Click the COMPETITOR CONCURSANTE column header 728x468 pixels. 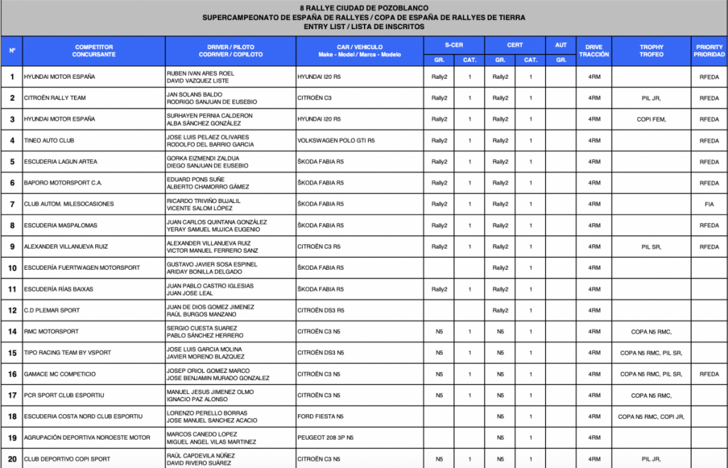(93, 51)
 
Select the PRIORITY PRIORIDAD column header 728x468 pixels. (709, 51)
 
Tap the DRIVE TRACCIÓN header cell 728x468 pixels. (594, 51)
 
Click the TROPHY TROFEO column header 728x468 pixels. (651, 51)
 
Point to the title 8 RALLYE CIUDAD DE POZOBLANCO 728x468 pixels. (363, 6)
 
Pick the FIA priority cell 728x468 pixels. (709, 205)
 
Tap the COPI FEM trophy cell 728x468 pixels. (651, 119)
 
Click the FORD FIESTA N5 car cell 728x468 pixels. (320, 417)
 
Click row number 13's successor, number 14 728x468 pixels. (12, 332)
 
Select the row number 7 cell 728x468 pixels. (12, 205)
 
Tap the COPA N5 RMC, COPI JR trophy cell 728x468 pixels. (651, 417)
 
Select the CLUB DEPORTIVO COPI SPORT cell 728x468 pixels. (67, 459)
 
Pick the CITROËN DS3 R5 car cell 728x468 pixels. (321, 310)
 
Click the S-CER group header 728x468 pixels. (454, 45)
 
